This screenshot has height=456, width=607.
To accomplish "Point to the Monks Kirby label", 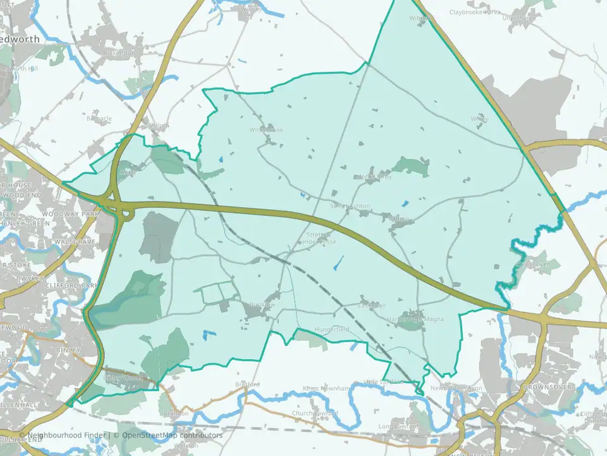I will pos(374,177).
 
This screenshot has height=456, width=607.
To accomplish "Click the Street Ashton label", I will pos(350,206).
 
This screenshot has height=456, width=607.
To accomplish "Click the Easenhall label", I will pos(372,305).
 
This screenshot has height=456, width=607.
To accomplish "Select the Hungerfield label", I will pos(331,330).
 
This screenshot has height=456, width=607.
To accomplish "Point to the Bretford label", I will pos(247,384).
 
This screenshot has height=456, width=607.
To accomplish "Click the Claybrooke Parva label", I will pos(475,12).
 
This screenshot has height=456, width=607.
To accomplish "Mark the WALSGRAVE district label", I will pos(75,242).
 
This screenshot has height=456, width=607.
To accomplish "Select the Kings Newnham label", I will pos(326,388).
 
